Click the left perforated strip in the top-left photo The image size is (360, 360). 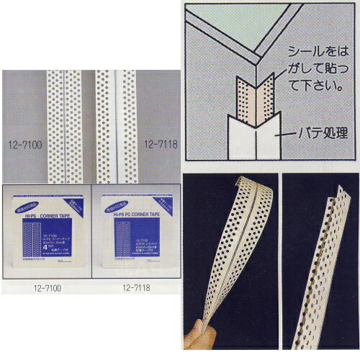(x=60, y=122)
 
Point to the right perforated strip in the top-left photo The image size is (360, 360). (x=119, y=122)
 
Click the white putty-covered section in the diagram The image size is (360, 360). (x=248, y=144)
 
